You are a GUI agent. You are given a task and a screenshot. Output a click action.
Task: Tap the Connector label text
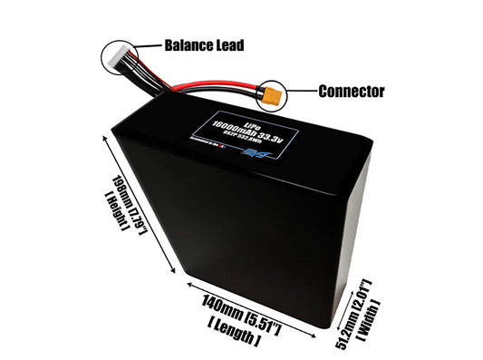pyautogui.click(x=352, y=92)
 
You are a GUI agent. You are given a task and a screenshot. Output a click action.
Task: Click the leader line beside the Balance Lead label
pyautogui.click(x=150, y=45)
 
